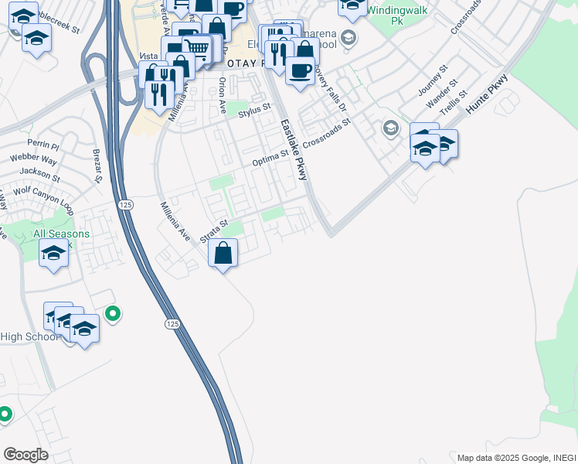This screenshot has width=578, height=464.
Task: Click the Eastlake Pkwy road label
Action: click(294, 150)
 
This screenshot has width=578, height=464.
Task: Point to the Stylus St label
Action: click(256, 112)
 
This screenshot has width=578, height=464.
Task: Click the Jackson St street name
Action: click(39, 172)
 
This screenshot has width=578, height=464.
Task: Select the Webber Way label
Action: click(33, 159)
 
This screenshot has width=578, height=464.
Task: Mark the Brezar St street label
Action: click(97, 166)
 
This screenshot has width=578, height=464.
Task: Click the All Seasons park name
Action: click(61, 234)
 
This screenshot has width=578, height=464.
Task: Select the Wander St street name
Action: click(444, 92)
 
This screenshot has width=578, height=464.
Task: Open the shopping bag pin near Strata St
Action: click(223, 253)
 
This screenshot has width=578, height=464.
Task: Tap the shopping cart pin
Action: click(197, 49)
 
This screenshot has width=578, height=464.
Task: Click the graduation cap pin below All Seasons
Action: click(53, 253)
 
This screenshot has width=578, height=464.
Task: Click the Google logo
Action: click(25, 454)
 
